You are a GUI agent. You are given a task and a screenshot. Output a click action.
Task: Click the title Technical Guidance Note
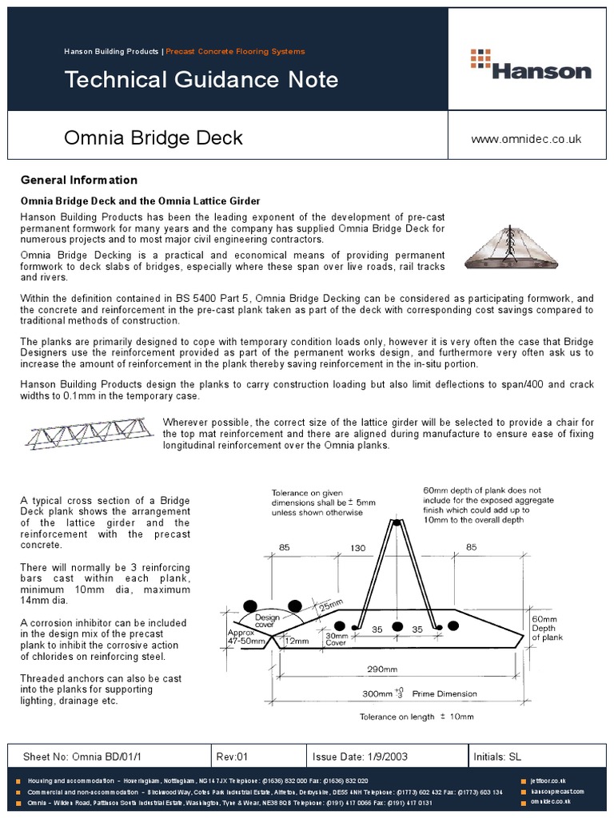tap(201, 80)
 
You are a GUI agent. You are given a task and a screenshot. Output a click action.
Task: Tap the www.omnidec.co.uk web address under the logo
tap(526, 139)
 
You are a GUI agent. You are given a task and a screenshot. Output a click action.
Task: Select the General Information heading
tap(78, 180)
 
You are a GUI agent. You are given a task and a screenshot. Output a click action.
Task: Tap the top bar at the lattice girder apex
tap(395, 523)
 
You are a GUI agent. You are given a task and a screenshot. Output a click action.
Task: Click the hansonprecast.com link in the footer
tap(557, 791)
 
